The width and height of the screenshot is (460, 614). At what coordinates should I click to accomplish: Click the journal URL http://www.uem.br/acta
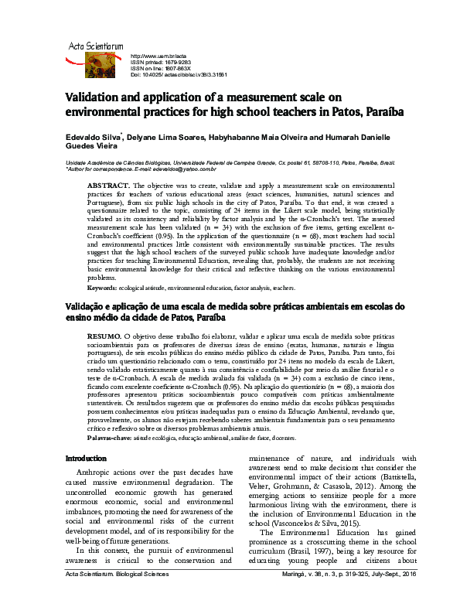(160, 56)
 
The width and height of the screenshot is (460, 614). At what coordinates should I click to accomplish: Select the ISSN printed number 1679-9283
(182, 63)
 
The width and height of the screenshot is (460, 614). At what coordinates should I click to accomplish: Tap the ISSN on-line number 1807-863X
(183, 69)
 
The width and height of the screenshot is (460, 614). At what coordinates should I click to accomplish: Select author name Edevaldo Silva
(90, 136)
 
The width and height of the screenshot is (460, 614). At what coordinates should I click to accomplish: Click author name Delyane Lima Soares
(165, 136)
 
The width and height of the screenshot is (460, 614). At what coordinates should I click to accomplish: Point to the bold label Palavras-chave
(109, 437)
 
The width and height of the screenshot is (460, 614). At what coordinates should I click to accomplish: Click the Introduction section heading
(86, 459)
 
